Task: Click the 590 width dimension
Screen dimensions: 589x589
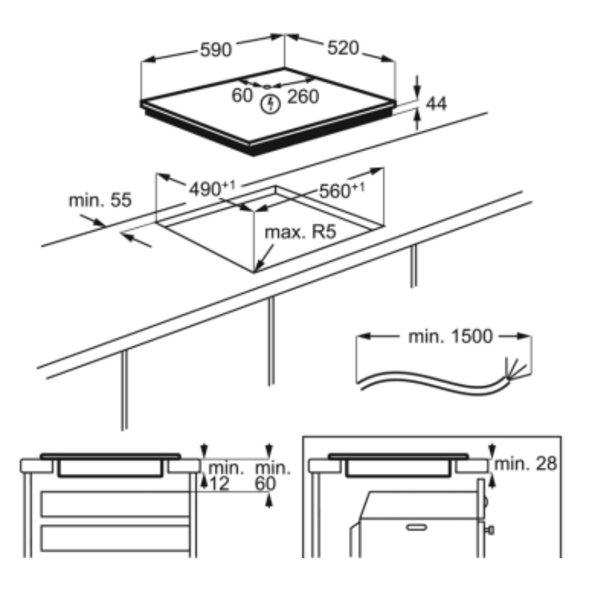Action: click(216, 50)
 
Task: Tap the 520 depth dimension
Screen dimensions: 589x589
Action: click(343, 48)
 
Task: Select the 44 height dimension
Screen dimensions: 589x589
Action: click(436, 104)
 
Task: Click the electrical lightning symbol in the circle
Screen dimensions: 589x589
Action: click(270, 104)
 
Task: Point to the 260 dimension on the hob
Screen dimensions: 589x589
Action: click(303, 97)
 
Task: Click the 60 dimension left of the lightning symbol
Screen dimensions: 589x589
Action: click(242, 95)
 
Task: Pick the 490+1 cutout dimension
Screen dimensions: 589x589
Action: click(211, 188)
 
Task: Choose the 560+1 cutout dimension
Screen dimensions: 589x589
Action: click(342, 190)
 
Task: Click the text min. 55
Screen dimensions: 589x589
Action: click(100, 200)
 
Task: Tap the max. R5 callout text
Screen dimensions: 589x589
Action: click(300, 232)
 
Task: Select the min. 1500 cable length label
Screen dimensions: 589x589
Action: click(450, 336)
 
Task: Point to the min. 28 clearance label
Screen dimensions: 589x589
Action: click(525, 464)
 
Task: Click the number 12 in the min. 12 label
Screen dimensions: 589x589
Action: click(219, 484)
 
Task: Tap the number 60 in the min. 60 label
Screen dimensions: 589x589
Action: click(265, 484)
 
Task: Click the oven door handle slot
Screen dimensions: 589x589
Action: click(416, 527)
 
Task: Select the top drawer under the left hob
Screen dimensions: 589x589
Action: click(115, 504)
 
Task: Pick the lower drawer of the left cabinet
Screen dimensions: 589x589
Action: click(115, 538)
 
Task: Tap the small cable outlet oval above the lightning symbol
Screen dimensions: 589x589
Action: click(267, 87)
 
